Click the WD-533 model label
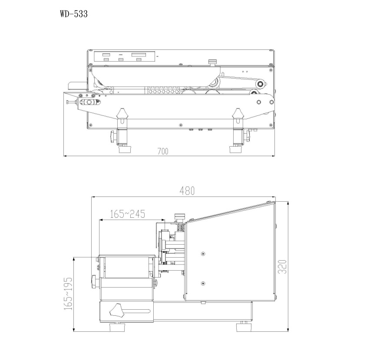[74, 14]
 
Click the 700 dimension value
[163, 151]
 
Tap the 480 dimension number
[187, 191]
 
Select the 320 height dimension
[282, 267]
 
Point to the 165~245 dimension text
[128, 214]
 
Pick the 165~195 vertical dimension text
[68, 294]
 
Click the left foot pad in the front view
[125, 149]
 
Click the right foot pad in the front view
[236, 149]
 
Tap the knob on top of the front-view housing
[212, 62]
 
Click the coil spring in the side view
[180, 227]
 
